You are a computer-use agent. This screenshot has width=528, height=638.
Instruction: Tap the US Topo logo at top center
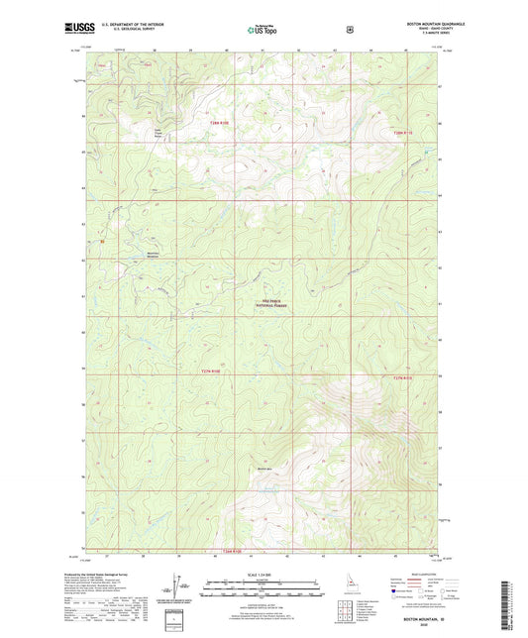click(x=264, y=30)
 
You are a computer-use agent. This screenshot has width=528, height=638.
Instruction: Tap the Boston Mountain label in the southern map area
click(x=264, y=469)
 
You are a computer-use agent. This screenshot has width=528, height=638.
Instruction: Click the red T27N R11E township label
click(x=400, y=376)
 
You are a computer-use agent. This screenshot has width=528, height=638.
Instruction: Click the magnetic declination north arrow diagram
click(x=179, y=585)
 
